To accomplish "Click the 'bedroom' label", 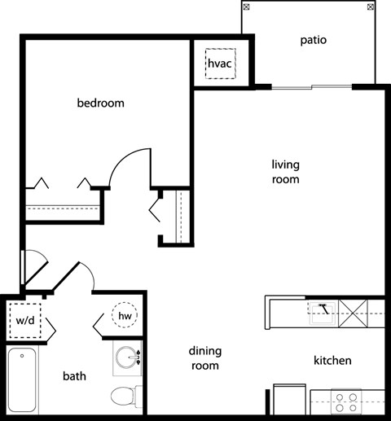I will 100,103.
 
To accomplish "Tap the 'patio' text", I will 313,40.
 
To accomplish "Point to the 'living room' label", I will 285,172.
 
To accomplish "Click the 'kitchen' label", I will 332,360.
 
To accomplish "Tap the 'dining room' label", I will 204,358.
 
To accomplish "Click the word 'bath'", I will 74,376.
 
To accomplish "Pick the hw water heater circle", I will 125,316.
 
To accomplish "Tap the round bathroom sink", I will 125,357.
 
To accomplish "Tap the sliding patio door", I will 313,86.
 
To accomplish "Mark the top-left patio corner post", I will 246,6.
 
